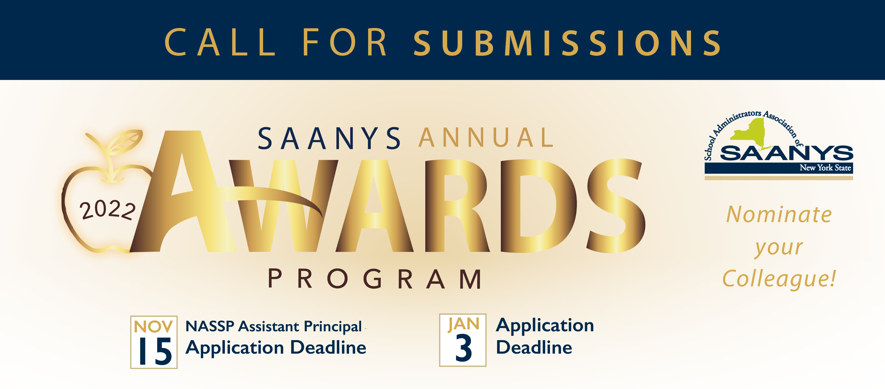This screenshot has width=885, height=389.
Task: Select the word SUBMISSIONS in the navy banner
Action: tap(568, 42)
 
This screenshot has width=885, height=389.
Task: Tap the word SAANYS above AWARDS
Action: tap(329, 138)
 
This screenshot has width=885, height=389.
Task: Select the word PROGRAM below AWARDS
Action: tap(375, 279)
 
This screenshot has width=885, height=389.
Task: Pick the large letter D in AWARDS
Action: tap(539, 206)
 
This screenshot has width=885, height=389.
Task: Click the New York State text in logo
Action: tap(825, 167)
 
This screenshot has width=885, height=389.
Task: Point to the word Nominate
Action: tap(779, 214)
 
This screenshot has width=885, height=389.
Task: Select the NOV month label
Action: tap(153, 326)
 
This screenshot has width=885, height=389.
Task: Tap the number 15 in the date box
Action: tap(155, 351)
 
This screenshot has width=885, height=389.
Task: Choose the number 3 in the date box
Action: tap(464, 348)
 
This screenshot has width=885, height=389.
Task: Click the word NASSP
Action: tap(210, 326)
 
